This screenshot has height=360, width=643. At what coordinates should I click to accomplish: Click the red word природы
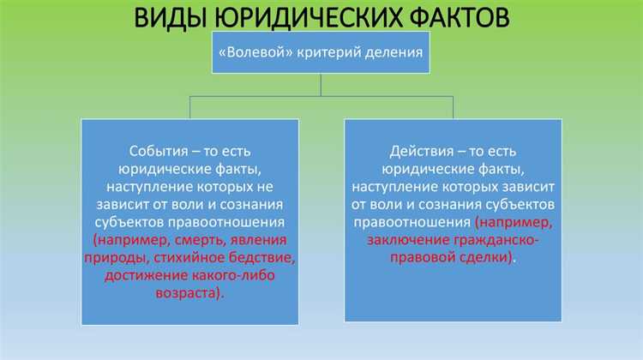(x=131, y=257)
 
